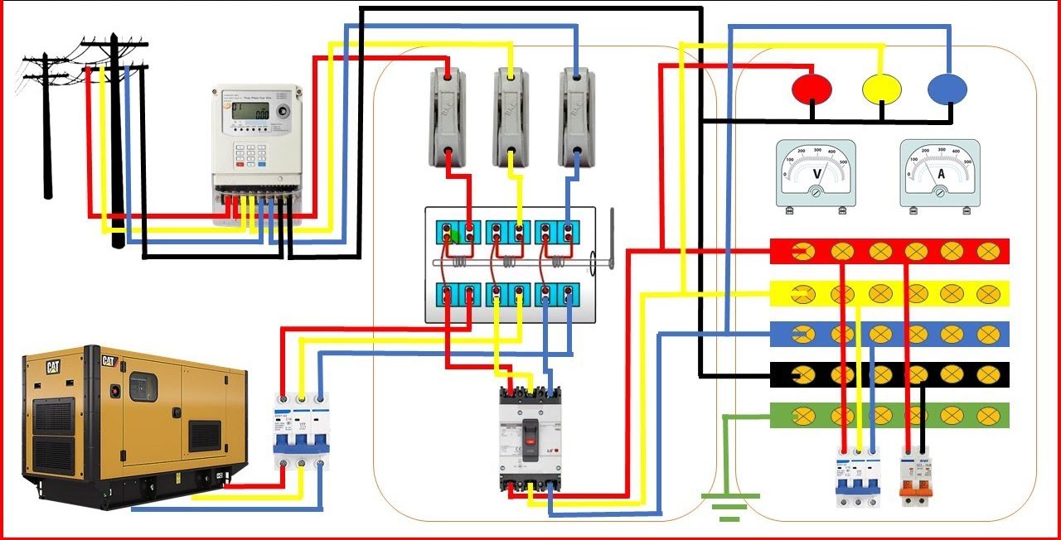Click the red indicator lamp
pos(812,88)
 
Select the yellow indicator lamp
pos(882,88)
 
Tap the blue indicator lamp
pos(947,88)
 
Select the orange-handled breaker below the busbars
pos(915,478)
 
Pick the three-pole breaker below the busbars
pos(857,480)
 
